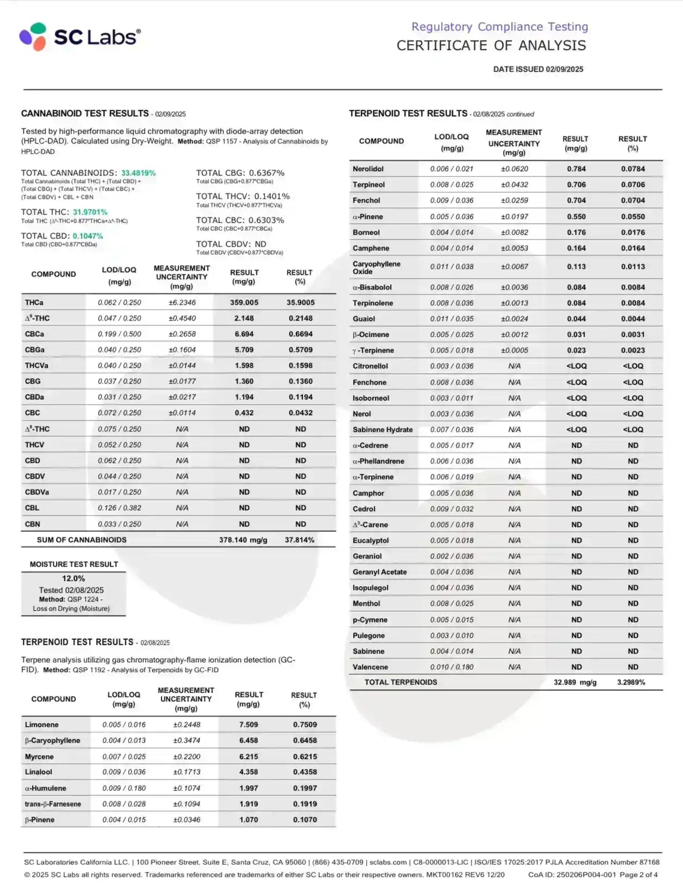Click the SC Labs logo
80,37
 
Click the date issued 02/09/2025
538,69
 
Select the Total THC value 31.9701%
90,212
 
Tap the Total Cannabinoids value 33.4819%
138,173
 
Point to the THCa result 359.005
244,303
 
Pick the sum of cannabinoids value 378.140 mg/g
243,540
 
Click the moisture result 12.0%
73,579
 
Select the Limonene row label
42,725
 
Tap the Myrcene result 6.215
248,756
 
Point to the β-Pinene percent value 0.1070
305,819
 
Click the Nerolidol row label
368,169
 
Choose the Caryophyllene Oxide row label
377,267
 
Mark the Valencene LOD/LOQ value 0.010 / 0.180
452,667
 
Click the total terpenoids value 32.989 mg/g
575,682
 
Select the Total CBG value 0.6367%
267,173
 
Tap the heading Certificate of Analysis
491,46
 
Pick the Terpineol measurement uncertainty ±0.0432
514,185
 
